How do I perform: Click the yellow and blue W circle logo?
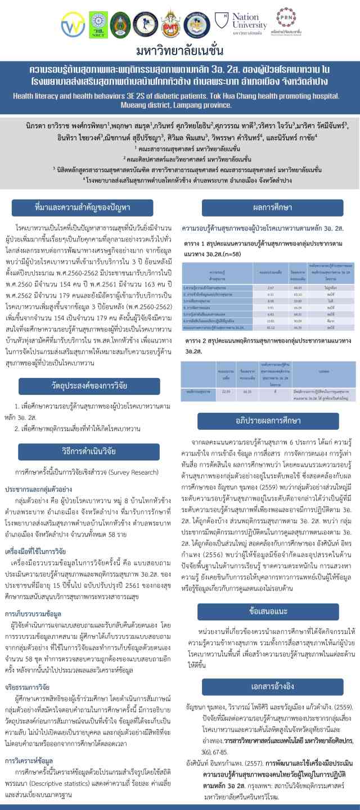tap(73, 24)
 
